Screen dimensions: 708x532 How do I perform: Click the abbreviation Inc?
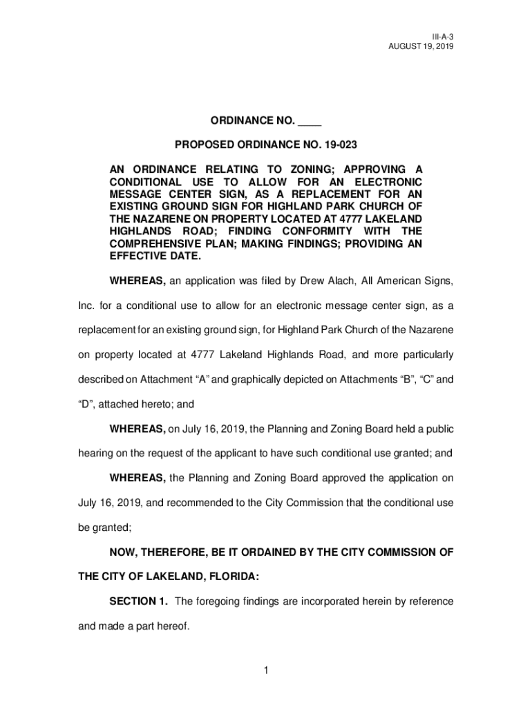86,306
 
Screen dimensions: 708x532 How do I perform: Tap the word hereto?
152,404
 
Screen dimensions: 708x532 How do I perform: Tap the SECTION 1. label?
139,602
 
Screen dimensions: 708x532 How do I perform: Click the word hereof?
169,626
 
